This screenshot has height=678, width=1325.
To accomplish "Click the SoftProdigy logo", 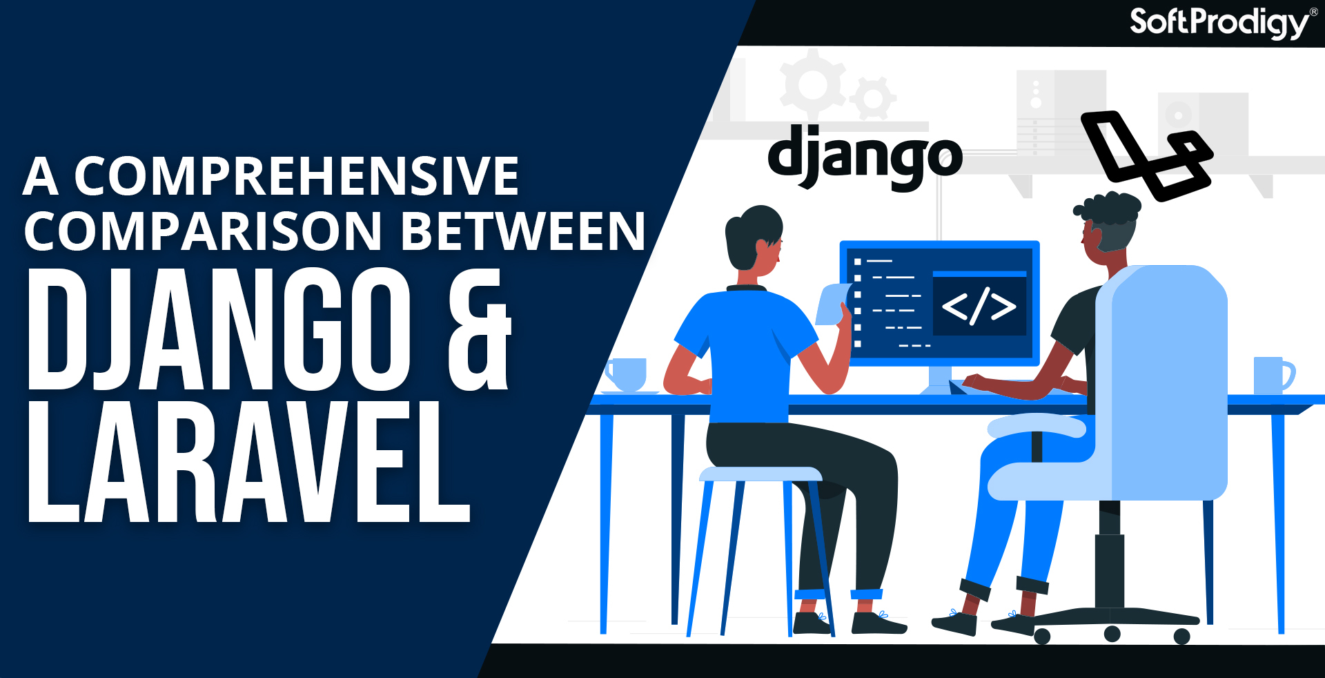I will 1219,23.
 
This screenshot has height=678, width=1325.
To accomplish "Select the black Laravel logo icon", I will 1146,155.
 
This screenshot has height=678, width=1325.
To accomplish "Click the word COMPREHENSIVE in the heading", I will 296,176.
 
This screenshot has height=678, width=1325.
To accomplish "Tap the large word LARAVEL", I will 248,462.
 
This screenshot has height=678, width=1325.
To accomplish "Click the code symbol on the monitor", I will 979,306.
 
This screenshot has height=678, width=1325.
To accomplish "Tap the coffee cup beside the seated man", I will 626,374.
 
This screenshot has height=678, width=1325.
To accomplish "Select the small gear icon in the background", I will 873,99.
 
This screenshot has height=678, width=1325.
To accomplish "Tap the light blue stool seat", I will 760,474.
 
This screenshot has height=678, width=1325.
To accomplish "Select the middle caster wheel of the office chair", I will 1112,633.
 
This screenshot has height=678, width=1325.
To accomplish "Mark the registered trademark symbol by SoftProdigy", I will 1313,11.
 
